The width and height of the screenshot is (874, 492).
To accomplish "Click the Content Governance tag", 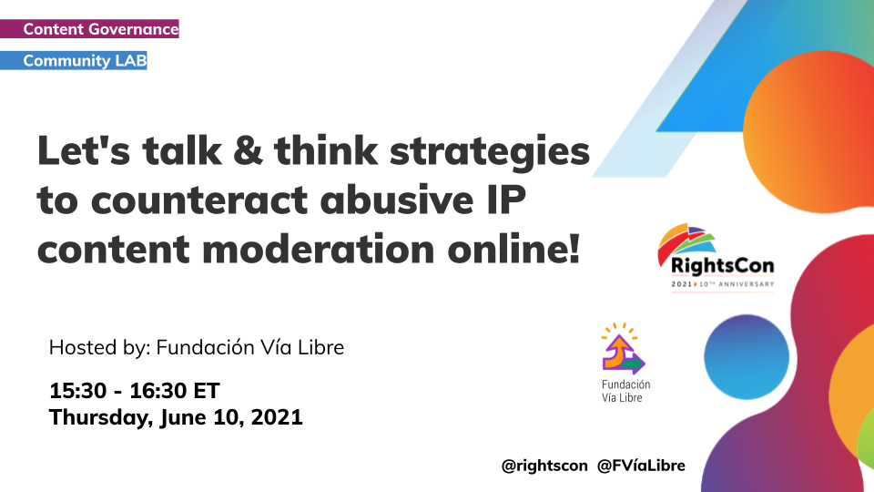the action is [x=89, y=29].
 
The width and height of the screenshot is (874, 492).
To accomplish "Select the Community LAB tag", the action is [x=74, y=60].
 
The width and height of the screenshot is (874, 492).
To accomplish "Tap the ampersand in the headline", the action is [x=248, y=150].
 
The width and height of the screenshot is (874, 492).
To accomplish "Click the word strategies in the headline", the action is [x=489, y=153].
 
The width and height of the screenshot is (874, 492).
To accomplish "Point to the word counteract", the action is [x=199, y=200].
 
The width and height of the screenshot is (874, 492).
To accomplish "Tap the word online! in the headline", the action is [x=513, y=249].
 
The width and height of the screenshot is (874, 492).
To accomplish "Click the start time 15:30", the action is [x=77, y=391].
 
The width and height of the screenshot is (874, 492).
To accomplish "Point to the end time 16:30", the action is [x=158, y=391].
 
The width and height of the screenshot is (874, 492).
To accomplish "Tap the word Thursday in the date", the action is [x=101, y=418].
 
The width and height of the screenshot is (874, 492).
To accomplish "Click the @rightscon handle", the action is [x=544, y=466].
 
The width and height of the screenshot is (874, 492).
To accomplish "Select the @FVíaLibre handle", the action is [x=641, y=466].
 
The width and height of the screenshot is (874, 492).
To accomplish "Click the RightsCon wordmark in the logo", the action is [x=722, y=265].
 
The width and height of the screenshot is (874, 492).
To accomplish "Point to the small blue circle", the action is [x=747, y=357].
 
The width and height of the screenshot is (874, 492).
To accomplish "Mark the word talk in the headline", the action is [x=182, y=150].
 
